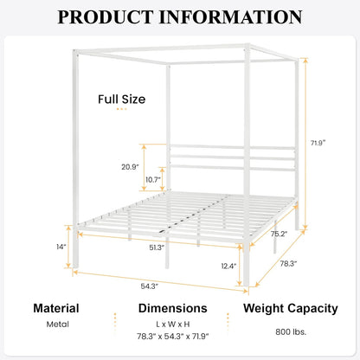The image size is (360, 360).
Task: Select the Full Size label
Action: [x=121, y=99]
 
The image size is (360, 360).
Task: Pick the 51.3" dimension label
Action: [x=156, y=247]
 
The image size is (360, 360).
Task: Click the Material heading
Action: [x=56, y=308]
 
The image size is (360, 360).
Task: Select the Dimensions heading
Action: [x=172, y=308]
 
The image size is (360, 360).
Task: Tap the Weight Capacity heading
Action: [x=288, y=308]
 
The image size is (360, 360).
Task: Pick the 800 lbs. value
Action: [x=287, y=330]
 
